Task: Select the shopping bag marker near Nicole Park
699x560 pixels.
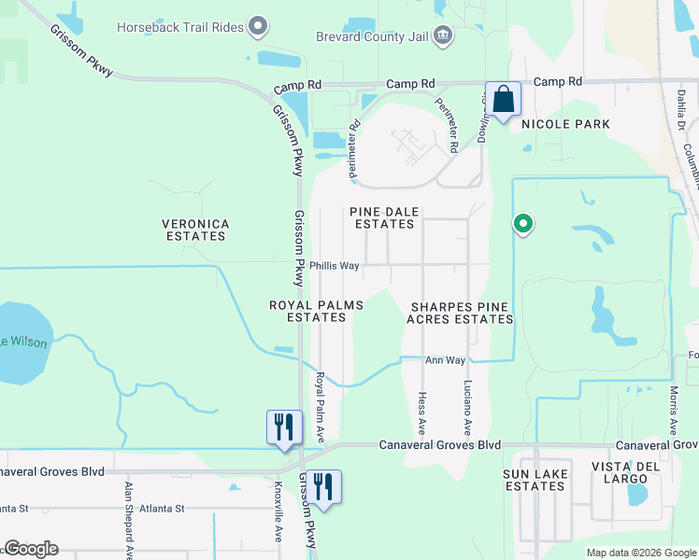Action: tap(503, 100)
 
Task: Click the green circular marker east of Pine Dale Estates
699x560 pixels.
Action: tap(523, 224)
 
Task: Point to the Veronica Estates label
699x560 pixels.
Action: tap(195, 230)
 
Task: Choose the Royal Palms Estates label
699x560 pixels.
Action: tap(316, 311)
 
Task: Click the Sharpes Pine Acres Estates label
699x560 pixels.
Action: tap(460, 313)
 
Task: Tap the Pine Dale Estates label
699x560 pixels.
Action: tap(384, 218)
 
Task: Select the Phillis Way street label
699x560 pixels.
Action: tap(335, 266)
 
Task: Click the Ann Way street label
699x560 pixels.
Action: tap(445, 360)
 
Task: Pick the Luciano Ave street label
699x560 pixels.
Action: tap(467, 408)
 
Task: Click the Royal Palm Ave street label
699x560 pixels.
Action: tap(320, 407)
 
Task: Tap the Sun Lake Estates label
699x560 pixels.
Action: tap(534, 480)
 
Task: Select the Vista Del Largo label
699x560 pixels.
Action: tap(633, 472)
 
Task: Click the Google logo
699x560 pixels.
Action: tap(30, 549)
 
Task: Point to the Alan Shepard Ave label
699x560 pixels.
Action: tap(129, 513)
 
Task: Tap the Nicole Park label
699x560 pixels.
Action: tap(565, 124)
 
